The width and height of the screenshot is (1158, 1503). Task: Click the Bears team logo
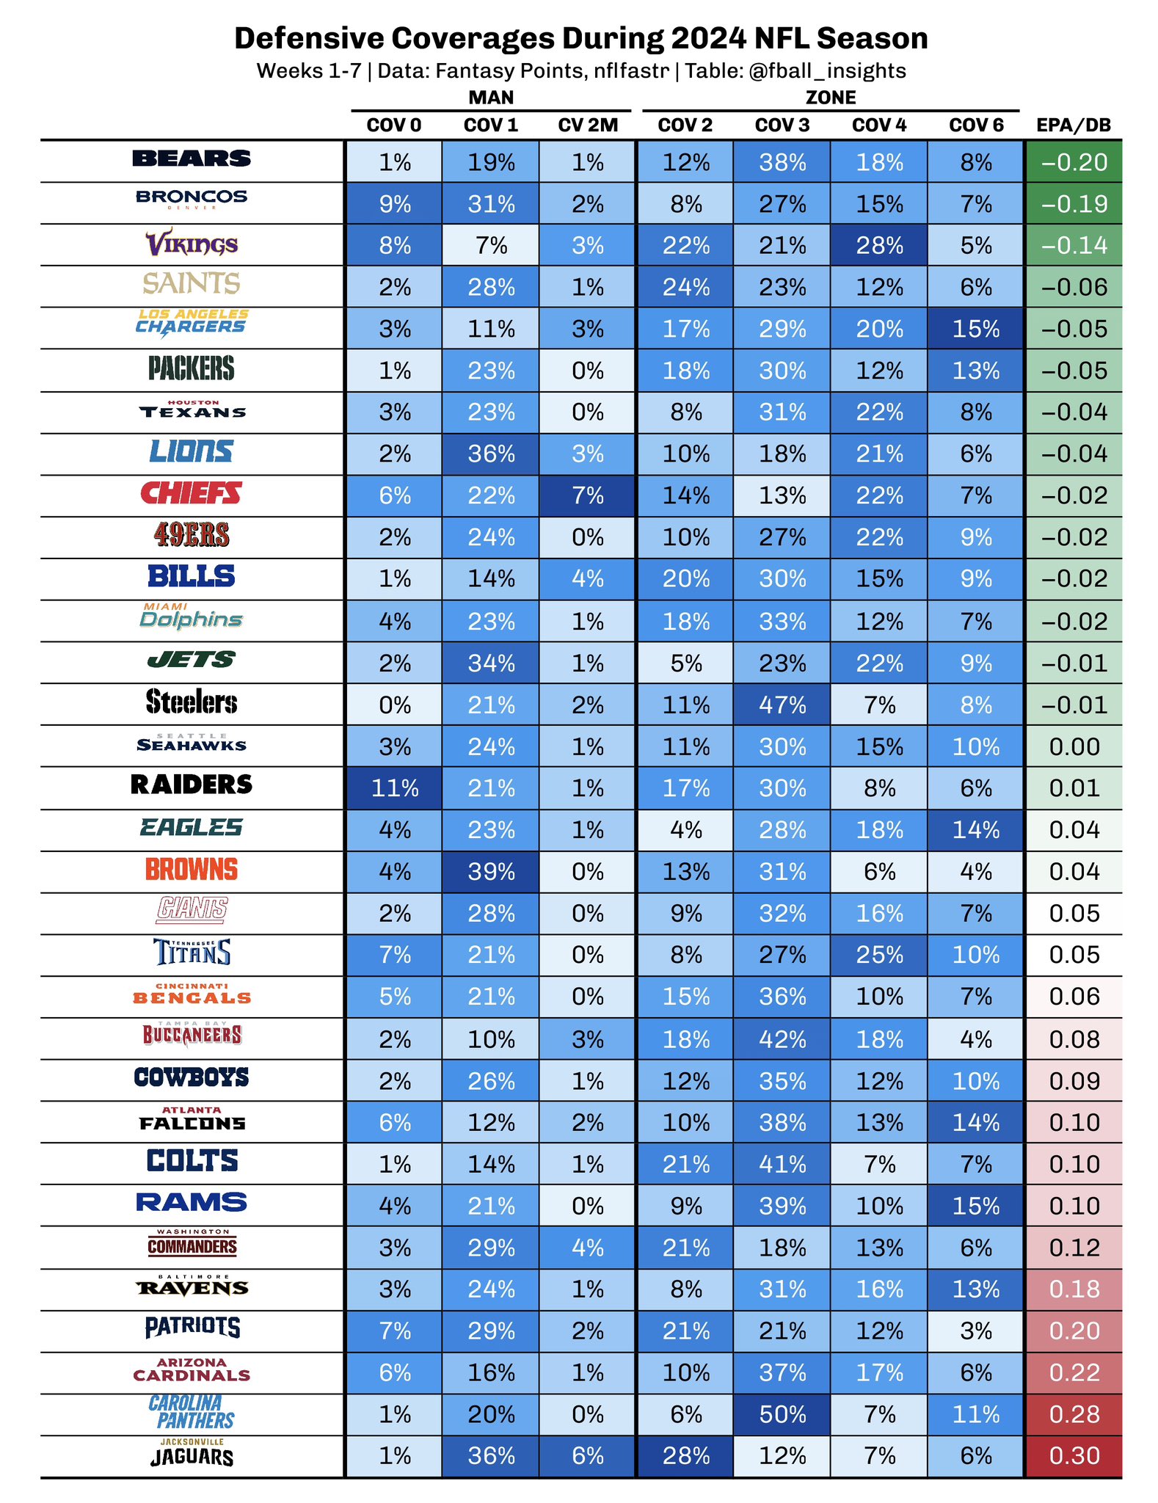[192, 159]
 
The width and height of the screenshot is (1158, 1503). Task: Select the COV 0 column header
[394, 125]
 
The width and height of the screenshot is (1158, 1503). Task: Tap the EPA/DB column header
[1073, 125]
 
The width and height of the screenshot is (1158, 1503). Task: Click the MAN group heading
[491, 98]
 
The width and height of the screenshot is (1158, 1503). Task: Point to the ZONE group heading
[830, 98]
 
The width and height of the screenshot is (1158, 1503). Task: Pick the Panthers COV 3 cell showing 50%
[782, 1414]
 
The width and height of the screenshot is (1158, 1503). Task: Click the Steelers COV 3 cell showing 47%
[782, 705]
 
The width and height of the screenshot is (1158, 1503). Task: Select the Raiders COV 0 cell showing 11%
[394, 788]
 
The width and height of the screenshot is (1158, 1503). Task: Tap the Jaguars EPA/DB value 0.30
[1074, 1455]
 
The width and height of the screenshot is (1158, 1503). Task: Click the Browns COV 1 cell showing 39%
[491, 872]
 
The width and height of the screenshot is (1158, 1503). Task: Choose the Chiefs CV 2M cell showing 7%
[587, 496]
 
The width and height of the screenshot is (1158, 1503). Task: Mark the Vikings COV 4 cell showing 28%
[879, 245]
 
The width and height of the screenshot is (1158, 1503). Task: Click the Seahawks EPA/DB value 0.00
[1074, 747]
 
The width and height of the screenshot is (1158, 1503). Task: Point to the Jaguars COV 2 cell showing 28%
[685, 1455]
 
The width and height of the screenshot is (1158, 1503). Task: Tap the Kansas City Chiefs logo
[192, 493]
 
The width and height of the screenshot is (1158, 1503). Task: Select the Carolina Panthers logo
[192, 1413]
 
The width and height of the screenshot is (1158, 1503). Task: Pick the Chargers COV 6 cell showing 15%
[976, 329]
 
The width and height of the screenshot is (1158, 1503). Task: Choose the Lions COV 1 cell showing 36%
[491, 454]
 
